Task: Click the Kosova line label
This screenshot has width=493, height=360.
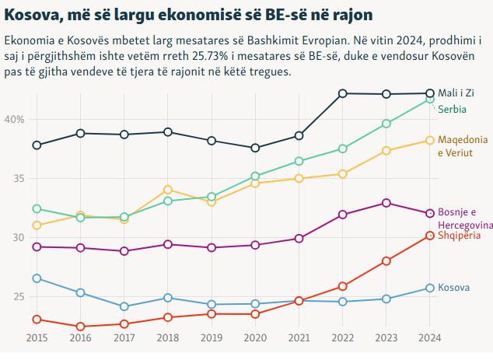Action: pyautogui.click(x=454, y=288)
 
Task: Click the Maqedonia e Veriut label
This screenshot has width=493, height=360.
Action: pyautogui.click(x=463, y=145)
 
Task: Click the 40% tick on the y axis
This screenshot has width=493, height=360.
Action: pyautogui.click(x=15, y=119)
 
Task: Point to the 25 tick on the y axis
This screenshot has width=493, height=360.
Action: pyautogui.click(x=19, y=296)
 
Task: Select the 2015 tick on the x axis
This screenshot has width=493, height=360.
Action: pyautogui.click(x=37, y=337)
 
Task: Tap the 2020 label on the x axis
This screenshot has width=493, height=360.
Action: pyautogui.click(x=255, y=337)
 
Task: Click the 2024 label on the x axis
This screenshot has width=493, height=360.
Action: pyautogui.click(x=430, y=337)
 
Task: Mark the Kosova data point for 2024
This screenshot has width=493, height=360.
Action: pyautogui.click(x=430, y=288)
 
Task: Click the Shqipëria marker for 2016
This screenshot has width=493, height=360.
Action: pyautogui.click(x=80, y=327)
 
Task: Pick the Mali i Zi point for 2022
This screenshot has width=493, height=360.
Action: pyautogui.click(x=343, y=93)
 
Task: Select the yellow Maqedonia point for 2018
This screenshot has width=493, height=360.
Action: pyautogui.click(x=168, y=190)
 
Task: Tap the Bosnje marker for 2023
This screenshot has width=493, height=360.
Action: pyautogui.click(x=386, y=203)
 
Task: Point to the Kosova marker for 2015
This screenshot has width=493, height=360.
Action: pyautogui.click(x=37, y=278)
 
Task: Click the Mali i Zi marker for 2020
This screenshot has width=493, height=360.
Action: pyautogui.click(x=255, y=148)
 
